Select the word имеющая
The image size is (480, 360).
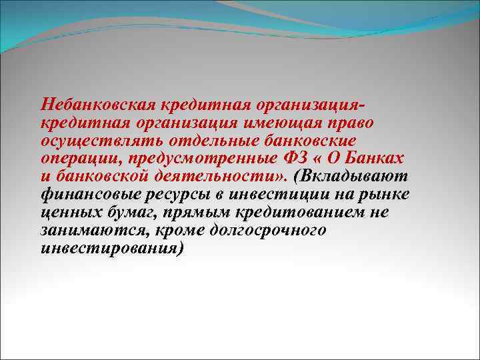[288, 124]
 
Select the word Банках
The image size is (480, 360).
[379, 159]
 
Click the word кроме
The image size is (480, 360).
[180, 230]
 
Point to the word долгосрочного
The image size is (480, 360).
[271, 230]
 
